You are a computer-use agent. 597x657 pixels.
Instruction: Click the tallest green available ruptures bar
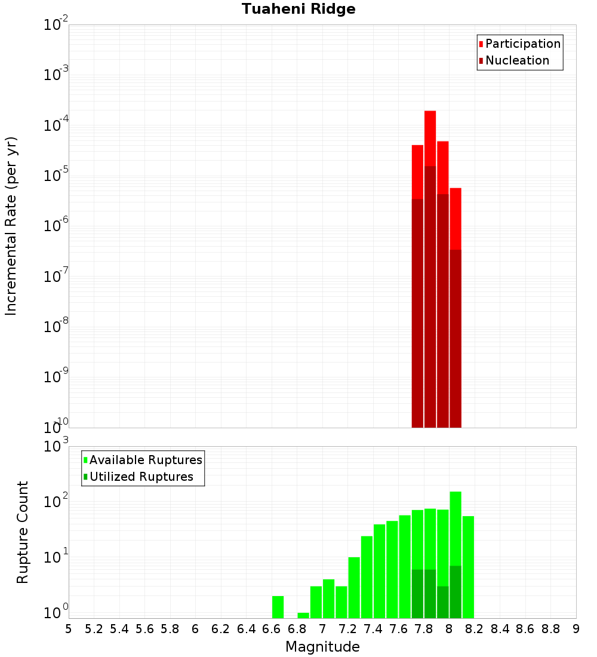point(456,526)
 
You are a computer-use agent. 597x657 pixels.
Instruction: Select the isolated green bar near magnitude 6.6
point(278,607)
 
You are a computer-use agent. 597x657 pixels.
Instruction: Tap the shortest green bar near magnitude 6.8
point(303,615)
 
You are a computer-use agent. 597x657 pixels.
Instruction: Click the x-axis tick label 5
point(69,629)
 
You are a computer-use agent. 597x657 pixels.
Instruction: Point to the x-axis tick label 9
point(576,629)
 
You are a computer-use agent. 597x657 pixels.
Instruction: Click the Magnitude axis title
point(322,647)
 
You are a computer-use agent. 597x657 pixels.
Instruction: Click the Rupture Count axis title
point(23,532)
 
